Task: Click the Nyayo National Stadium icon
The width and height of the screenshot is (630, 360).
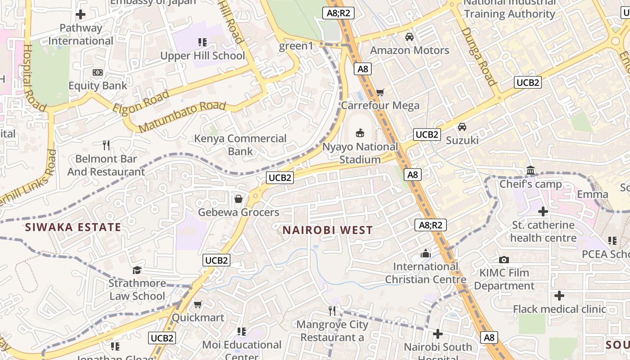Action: pyautogui.click(x=360, y=133)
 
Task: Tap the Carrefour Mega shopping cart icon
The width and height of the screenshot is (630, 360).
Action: pyautogui.click(x=380, y=92)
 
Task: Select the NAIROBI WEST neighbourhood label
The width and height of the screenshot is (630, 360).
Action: pyautogui.click(x=328, y=230)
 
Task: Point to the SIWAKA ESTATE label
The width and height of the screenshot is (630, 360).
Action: pyautogui.click(x=73, y=227)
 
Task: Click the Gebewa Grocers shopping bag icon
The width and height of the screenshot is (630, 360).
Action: pyautogui.click(x=238, y=198)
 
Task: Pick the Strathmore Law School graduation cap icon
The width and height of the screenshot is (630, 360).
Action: pyautogui.click(x=137, y=270)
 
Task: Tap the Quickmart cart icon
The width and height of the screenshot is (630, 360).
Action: pyautogui.click(x=198, y=305)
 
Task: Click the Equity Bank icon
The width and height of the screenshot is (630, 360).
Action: pyautogui.click(x=98, y=72)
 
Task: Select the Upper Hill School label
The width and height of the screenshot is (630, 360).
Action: pyautogui.click(x=203, y=56)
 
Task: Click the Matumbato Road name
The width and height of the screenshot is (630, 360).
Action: pyautogui.click(x=182, y=117)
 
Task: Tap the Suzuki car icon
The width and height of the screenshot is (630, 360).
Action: pyautogui.click(x=462, y=127)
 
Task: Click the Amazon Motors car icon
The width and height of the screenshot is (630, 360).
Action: pyautogui.click(x=409, y=37)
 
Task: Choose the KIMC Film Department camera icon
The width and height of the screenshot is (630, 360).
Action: pyautogui.click(x=504, y=260)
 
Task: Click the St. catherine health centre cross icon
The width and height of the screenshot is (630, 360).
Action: pyautogui.click(x=543, y=211)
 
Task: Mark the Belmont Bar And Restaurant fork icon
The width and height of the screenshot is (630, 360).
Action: pyautogui.click(x=106, y=145)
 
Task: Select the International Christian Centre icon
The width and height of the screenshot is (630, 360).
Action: pyautogui.click(x=425, y=253)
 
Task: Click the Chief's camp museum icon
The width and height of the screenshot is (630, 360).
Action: pyautogui.click(x=531, y=171)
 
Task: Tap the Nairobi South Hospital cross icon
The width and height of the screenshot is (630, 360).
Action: pyautogui.click(x=437, y=334)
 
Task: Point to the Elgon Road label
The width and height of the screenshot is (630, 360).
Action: pyautogui.click(x=141, y=102)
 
